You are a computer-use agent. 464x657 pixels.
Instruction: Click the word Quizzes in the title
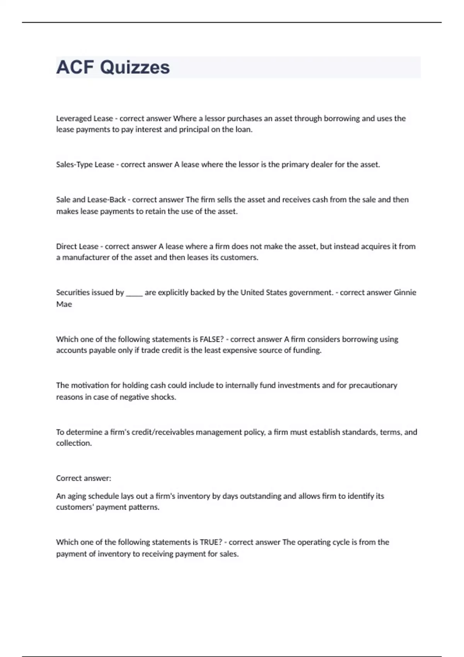pyautogui.click(x=135, y=67)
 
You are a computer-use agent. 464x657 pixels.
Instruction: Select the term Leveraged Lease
pyautogui.click(x=84, y=119)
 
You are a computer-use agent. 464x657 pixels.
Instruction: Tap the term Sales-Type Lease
pyautogui.click(x=85, y=165)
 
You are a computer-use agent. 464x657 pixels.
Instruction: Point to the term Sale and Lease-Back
pyautogui.click(x=91, y=200)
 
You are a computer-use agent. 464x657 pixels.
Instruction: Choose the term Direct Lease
pyautogui.click(x=77, y=247)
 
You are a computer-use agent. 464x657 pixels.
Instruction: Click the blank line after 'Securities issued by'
pyautogui.click(x=134, y=293)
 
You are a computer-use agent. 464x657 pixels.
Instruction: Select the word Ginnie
pyautogui.click(x=405, y=293)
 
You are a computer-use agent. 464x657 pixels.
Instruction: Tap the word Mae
pyautogui.click(x=64, y=304)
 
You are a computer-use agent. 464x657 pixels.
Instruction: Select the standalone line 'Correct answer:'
pyautogui.click(x=84, y=478)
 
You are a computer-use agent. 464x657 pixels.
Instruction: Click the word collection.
pyautogui.click(x=74, y=443)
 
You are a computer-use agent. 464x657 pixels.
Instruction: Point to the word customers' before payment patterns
pyautogui.click(x=75, y=507)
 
